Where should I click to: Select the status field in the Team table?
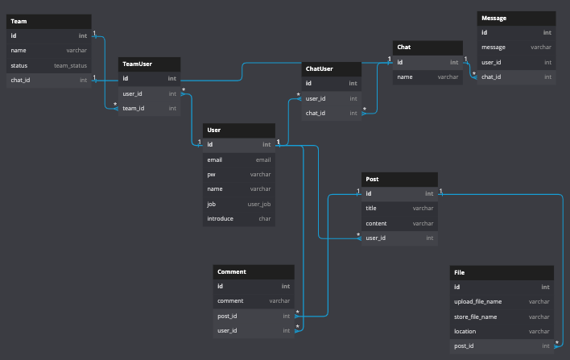click(x=19, y=66)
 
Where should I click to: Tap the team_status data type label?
click(x=71, y=66)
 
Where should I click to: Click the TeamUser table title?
click(x=137, y=64)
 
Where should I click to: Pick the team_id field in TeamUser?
click(x=134, y=109)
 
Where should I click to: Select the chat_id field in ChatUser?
click(x=316, y=113)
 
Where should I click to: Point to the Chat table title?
click(x=404, y=48)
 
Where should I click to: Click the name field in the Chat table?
click(x=405, y=77)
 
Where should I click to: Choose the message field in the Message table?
click(x=494, y=48)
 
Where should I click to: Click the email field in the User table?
click(x=214, y=160)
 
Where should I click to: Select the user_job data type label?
click(x=259, y=205)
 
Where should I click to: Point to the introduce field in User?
click(x=221, y=219)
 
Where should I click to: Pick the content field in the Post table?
click(x=376, y=224)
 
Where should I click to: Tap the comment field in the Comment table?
click(x=230, y=301)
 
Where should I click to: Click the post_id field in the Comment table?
click(x=227, y=317)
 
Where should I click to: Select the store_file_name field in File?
click(x=476, y=317)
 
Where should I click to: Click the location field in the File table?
click(x=465, y=332)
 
